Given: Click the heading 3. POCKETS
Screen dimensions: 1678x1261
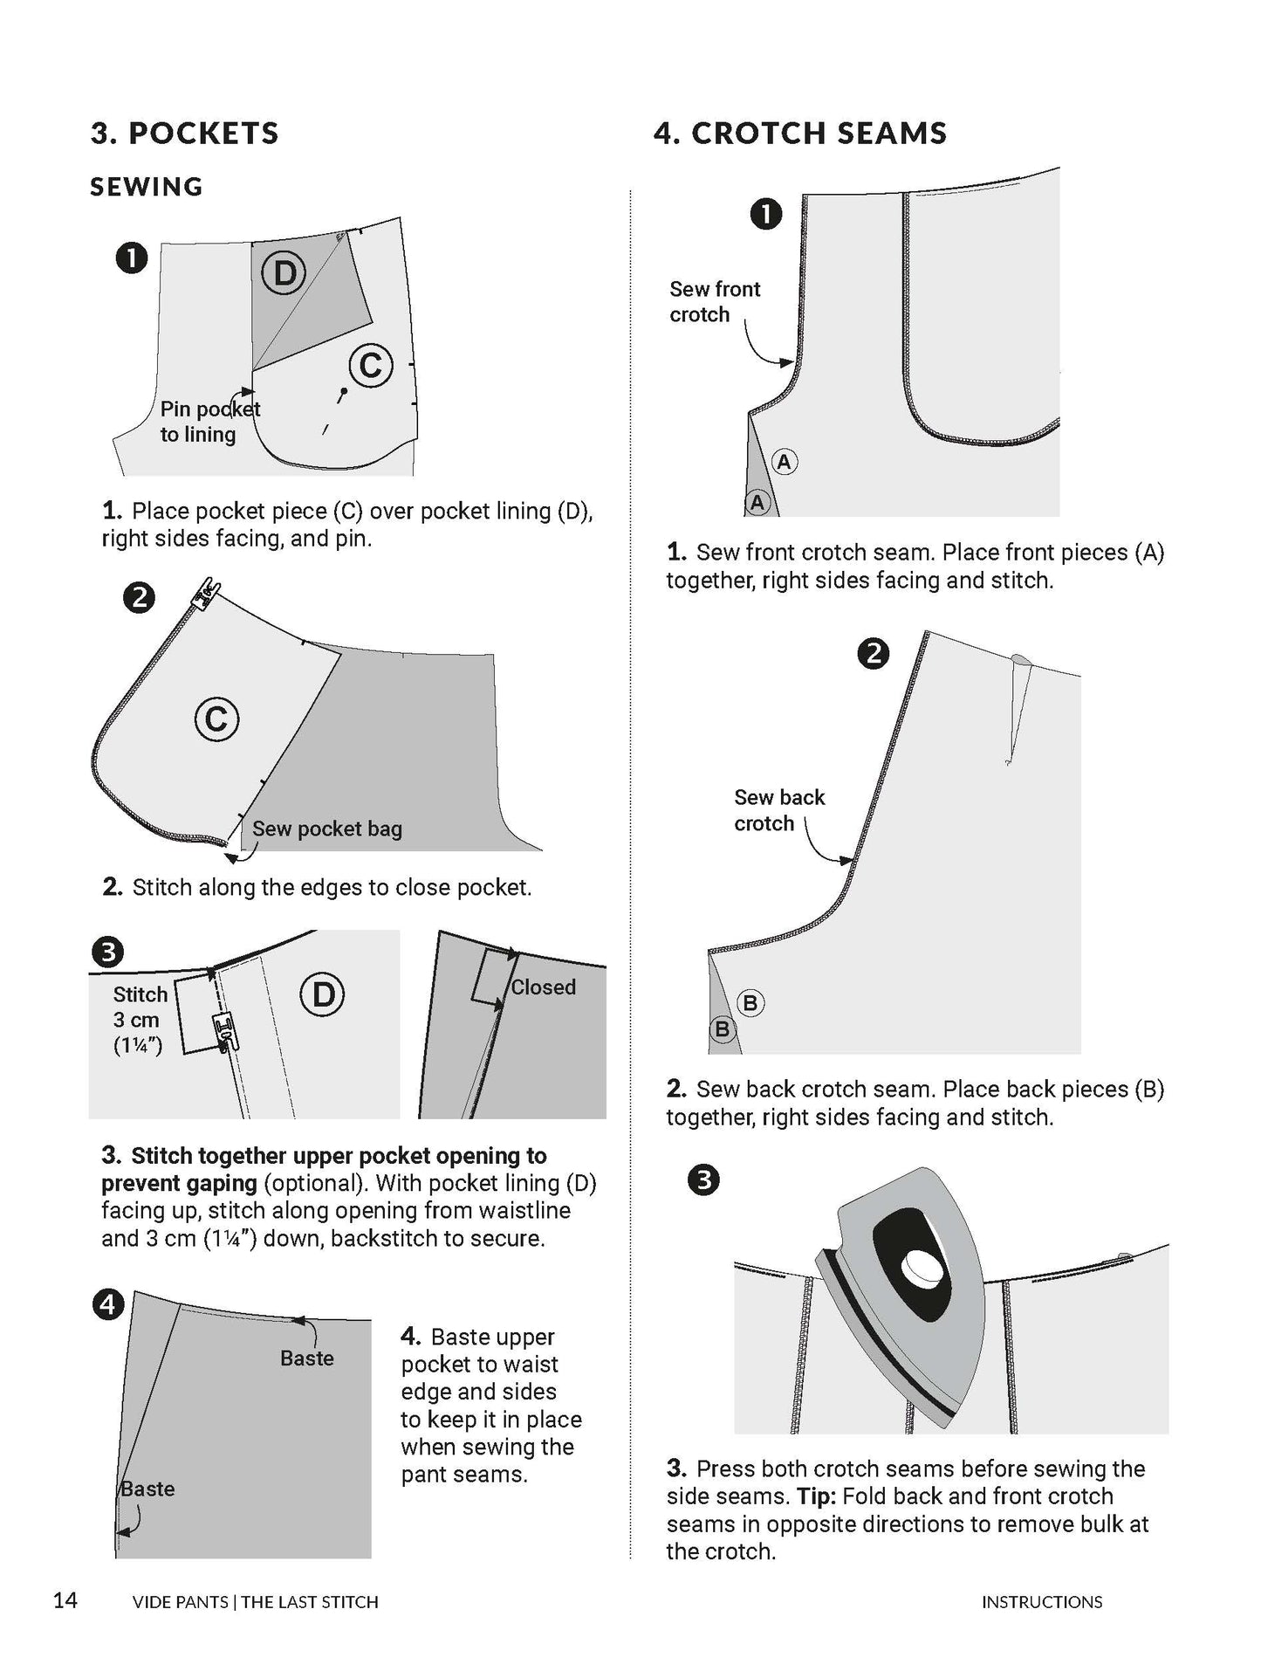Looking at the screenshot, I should [x=184, y=133].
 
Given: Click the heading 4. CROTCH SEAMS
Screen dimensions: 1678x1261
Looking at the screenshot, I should [x=799, y=133].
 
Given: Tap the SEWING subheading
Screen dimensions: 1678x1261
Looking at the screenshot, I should [x=147, y=186].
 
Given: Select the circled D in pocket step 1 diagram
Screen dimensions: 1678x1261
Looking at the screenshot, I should [x=284, y=273].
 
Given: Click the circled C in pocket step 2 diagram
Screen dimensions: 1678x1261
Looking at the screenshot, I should [x=216, y=719].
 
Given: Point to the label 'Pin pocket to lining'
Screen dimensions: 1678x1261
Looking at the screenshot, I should [x=209, y=422].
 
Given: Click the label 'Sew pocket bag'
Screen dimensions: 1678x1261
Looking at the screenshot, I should [x=326, y=829].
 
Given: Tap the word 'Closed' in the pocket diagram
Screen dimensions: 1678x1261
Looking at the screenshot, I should [x=543, y=987].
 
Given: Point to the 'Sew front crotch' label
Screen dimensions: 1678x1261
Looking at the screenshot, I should [x=714, y=301].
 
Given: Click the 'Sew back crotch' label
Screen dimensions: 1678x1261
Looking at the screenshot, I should [x=778, y=810].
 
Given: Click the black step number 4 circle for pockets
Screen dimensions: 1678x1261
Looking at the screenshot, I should [x=107, y=1305].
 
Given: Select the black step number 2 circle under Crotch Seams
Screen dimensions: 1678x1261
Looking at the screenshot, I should [x=873, y=653].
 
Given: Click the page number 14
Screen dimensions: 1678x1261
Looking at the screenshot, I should [x=65, y=1599].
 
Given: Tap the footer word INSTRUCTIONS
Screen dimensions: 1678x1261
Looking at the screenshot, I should [x=1041, y=1602].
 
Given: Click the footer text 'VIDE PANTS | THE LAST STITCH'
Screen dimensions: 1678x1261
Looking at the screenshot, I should [x=255, y=1602].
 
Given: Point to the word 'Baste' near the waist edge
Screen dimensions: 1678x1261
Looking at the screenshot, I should [x=306, y=1358].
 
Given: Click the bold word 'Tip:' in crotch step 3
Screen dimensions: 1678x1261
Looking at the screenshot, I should [x=816, y=1496].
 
